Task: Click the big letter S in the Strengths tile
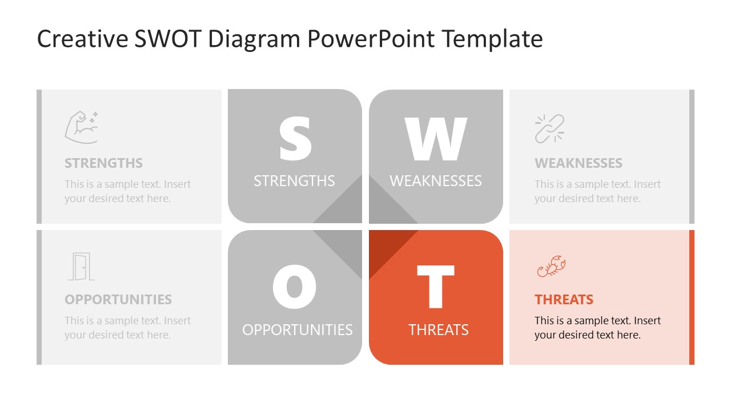coord(295,139)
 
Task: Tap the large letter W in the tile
coord(436,139)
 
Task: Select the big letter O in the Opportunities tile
coord(294,287)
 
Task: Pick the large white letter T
coord(436,287)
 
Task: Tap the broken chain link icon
coord(549,128)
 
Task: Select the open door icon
coord(81,267)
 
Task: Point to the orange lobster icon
coord(551,266)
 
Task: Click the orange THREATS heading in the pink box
coord(564,300)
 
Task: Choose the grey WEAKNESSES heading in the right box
coord(578,163)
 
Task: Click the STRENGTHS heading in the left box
coord(103,163)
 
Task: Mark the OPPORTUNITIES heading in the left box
coord(118,300)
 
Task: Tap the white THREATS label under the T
coord(438,330)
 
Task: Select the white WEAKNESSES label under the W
coord(436,181)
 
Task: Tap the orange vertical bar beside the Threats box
coord(692,297)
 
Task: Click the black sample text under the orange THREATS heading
coord(597,328)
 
